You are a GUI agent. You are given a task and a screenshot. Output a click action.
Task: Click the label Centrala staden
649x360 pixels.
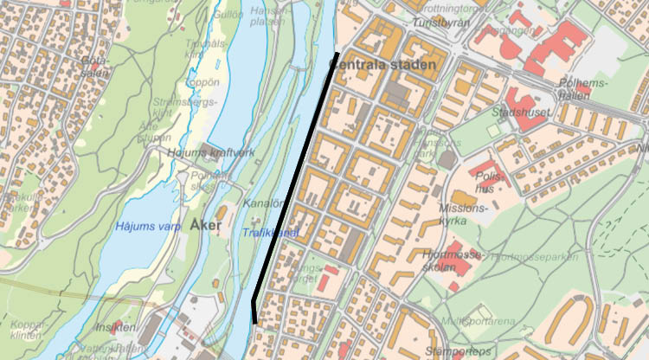coord(386,63)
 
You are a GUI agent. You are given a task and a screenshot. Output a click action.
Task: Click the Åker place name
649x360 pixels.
coord(205,227)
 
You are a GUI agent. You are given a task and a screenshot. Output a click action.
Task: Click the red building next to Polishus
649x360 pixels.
coord(485,167)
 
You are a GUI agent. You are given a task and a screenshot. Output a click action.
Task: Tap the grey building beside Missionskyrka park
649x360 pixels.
coord(447,160)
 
